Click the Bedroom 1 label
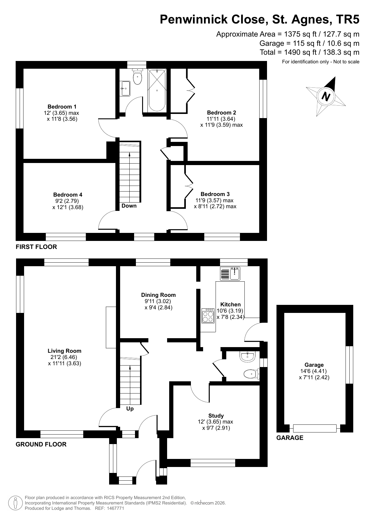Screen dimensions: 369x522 (x=62, y=106)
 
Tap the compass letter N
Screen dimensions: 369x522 (x=326, y=96)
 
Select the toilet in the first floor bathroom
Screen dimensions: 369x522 (x=137, y=77)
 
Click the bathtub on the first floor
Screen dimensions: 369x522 (x=157, y=90)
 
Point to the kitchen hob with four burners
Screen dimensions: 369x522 (x=208, y=315)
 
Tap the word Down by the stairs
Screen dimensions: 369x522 (x=129, y=206)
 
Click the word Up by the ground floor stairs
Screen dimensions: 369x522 (x=130, y=409)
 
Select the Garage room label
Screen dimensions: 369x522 (x=314, y=365)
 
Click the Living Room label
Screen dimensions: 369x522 (x=65, y=351)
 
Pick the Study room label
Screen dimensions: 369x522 (x=216, y=416)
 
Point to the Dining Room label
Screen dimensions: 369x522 (x=158, y=295)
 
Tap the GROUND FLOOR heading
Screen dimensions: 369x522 (x=41, y=444)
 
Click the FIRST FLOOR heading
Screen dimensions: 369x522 (x=36, y=247)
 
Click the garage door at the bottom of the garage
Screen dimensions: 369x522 (x=315, y=428)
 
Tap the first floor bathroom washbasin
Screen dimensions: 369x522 (x=125, y=88)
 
